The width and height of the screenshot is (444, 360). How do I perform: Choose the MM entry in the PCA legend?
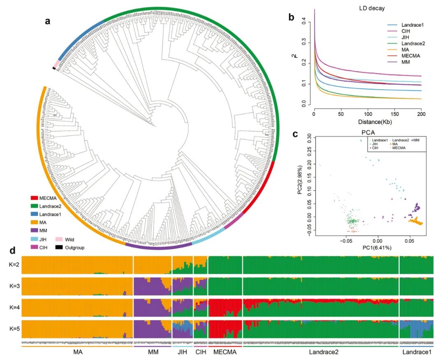419,141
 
